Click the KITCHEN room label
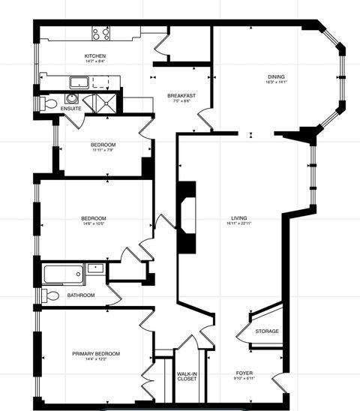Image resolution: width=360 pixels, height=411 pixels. point(94,56)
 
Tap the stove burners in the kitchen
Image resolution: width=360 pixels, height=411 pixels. point(101,33)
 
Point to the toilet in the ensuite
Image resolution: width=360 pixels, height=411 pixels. point(50,103)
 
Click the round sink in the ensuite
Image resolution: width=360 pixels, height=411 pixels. point(72,97)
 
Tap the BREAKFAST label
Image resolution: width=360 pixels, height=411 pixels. point(181,95)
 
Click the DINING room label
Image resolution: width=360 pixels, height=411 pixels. point(276,76)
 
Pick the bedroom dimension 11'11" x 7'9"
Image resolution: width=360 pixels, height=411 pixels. point(103,150)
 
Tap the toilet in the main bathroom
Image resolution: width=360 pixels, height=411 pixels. point(50,295)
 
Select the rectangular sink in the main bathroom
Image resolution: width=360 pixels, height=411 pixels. point(95,268)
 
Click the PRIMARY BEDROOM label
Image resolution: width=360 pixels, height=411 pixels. point(96,353)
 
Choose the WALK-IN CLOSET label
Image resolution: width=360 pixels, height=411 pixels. point(187,376)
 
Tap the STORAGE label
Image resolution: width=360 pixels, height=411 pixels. point(267,331)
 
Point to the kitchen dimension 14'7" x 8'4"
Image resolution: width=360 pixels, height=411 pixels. point(94,62)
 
